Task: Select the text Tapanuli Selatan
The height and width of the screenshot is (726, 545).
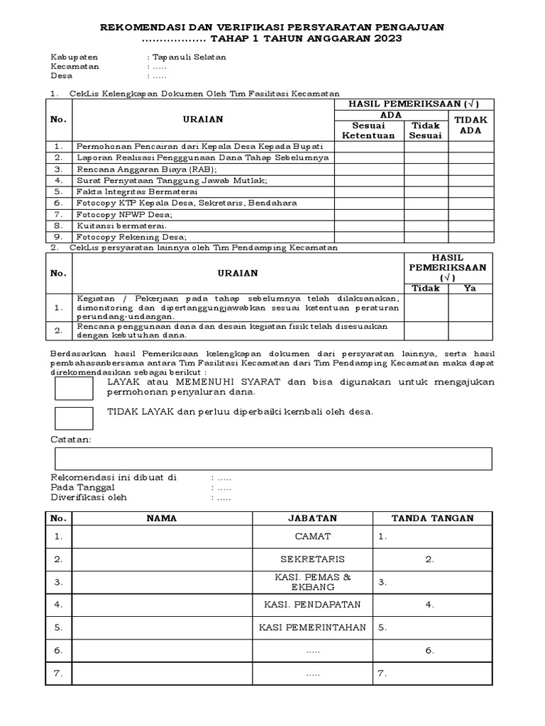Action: (x=188, y=57)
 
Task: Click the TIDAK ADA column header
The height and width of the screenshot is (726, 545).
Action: (x=470, y=125)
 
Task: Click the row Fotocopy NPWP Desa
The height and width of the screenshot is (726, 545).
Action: (x=125, y=214)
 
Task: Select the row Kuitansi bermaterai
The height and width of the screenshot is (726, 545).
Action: (x=122, y=225)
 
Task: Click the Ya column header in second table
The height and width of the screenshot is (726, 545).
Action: (x=470, y=288)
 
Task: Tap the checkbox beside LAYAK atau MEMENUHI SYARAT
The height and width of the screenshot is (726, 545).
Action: (x=74, y=388)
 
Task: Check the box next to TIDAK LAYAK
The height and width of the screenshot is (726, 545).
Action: (x=74, y=418)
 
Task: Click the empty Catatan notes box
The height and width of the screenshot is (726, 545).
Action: (x=272, y=458)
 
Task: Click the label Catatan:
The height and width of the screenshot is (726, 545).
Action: (x=71, y=440)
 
